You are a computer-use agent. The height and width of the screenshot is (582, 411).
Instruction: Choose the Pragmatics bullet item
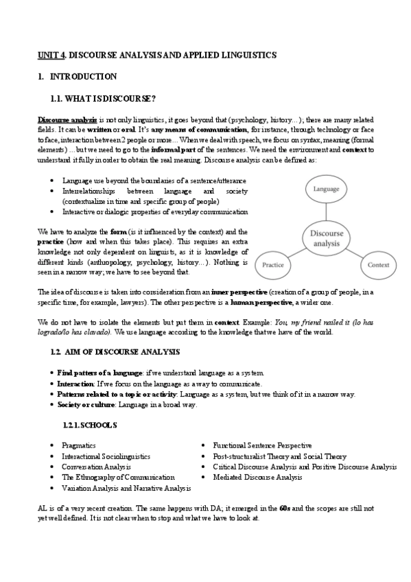[x=79, y=445]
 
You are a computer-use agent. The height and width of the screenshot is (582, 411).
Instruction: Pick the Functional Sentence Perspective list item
[x=262, y=445]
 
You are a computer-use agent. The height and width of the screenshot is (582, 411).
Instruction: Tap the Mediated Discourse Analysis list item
[x=257, y=476]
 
